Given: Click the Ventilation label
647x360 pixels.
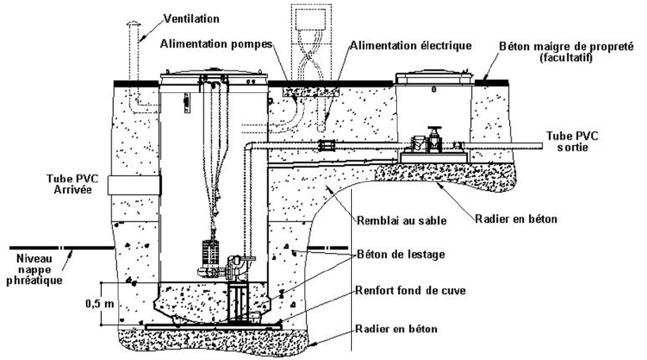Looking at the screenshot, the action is point(191,18).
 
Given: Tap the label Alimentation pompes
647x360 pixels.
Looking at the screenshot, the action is point(216,44).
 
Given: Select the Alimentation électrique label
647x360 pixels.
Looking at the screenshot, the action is point(411,45).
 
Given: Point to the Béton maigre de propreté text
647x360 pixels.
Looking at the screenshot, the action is point(566,46).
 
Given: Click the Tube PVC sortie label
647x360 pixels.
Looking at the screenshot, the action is point(572,141).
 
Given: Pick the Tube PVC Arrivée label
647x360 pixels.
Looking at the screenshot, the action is point(73,184).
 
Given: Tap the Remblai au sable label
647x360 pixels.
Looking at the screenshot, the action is point(402,220).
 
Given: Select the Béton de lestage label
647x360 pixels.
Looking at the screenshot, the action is point(400,254).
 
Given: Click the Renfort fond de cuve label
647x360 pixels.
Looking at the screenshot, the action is point(411,290).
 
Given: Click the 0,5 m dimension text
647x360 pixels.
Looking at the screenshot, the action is point(100,303).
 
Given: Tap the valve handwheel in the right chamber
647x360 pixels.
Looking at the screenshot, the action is point(434,129).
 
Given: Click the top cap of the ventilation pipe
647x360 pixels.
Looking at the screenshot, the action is point(133,23).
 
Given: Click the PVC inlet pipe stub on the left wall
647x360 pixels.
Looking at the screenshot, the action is point(134,185).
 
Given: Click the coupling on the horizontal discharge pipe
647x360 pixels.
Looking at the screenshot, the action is point(326,146).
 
